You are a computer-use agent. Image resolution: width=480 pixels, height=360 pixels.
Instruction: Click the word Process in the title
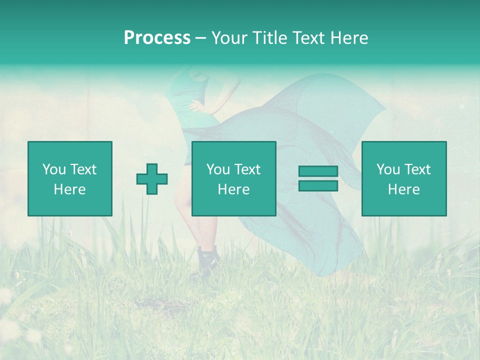[157, 38]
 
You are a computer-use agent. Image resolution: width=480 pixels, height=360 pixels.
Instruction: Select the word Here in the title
[349, 38]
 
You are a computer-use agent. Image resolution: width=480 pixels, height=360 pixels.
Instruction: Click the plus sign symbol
[152, 179]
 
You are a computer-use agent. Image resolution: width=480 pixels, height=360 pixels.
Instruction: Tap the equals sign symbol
[318, 178]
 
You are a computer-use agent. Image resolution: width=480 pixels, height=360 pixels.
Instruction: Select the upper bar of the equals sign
[318, 171]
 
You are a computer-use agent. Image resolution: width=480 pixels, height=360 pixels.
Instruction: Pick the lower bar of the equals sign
[318, 186]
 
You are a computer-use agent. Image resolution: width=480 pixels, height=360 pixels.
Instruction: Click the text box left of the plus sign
[70, 178]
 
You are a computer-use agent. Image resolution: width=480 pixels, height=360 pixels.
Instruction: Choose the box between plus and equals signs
[234, 178]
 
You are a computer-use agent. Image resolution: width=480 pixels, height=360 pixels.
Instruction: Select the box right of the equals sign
[404, 178]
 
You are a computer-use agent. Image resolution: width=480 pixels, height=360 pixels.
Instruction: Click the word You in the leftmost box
[53, 169]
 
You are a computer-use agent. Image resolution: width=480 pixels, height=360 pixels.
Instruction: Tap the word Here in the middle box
[234, 189]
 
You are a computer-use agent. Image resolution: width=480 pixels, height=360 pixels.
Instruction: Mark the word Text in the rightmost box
[417, 169]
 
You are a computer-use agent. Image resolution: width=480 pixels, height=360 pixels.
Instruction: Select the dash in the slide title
[200, 38]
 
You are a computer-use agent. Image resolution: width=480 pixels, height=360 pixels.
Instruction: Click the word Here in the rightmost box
[404, 189]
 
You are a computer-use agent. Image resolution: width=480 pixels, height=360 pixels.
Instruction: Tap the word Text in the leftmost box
[82, 169]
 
